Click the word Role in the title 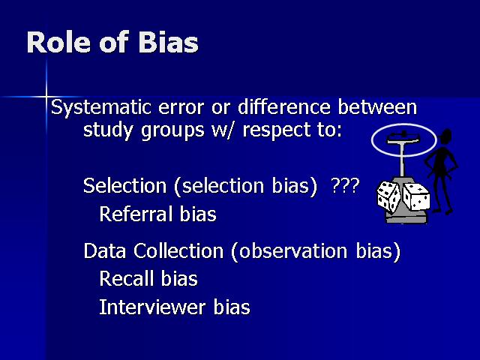pos(58,42)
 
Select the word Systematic pos(101,108)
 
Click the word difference pos(284,107)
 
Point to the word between pos(377,107)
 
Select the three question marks pos(345,185)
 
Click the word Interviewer pos(152,307)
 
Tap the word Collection pos(178,250)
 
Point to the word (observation pos(289,251)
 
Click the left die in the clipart pos(388,196)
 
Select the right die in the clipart pos(416,196)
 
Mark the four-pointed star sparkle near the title pos(46,97)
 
